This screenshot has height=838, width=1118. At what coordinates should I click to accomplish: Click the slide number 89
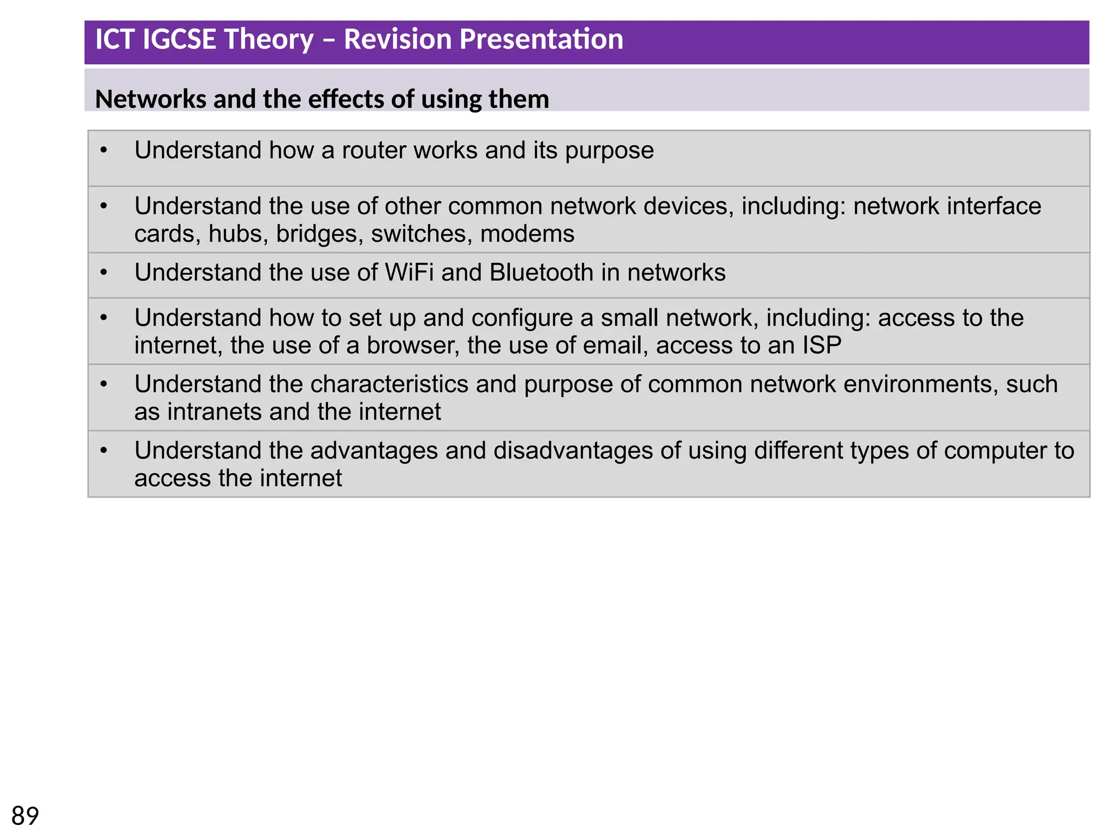25,816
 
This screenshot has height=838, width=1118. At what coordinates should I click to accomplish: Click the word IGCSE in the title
179,40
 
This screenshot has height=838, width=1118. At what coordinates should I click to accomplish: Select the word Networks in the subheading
150,99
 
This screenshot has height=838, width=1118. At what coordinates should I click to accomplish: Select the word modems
527,234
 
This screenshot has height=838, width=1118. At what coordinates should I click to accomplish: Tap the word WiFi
409,273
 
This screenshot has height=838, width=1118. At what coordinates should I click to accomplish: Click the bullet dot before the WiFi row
104,272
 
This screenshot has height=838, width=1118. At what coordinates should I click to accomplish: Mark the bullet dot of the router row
104,150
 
